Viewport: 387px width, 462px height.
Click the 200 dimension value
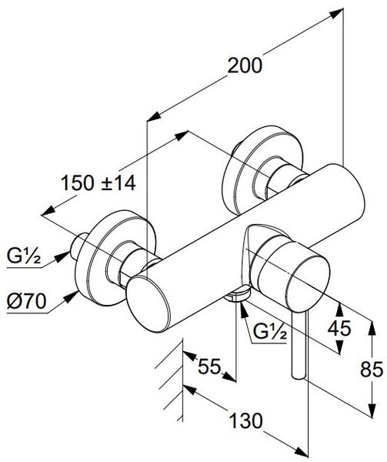tap(245, 65)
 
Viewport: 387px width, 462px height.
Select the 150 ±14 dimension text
tap(98, 183)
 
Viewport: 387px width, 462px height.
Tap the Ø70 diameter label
tap(26, 301)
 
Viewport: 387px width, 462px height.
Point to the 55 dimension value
tap(209, 367)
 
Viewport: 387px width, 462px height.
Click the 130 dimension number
tap(245, 420)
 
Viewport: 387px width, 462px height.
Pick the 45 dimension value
tap(339, 328)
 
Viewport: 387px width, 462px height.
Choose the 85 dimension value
tap(372, 370)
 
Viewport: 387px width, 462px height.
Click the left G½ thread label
tap(24, 256)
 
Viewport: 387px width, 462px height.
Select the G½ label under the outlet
tap(270, 333)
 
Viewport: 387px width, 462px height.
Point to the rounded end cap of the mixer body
tap(148, 304)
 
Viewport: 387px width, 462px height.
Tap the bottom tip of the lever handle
tap(299, 376)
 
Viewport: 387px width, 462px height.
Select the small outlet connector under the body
tap(238, 295)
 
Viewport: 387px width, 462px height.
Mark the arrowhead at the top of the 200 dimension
tap(336, 13)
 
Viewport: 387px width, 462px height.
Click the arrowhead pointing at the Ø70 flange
tap(71, 297)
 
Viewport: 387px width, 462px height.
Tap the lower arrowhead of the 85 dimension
tap(372, 410)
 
